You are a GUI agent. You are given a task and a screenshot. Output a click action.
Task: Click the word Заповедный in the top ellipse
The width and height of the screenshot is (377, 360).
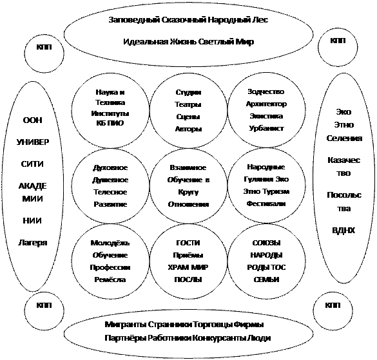[x=134, y=20]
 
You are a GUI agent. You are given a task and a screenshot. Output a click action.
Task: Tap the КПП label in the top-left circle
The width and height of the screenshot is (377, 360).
[x=44, y=47]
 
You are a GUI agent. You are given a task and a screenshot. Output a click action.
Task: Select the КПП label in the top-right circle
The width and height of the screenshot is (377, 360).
[x=338, y=41]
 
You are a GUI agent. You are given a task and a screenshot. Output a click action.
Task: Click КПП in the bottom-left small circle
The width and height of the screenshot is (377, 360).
[x=44, y=305]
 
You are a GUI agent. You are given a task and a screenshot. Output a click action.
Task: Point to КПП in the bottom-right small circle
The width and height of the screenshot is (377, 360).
[x=333, y=305]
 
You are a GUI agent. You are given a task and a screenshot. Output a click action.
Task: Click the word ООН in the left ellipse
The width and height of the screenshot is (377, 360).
[x=32, y=120]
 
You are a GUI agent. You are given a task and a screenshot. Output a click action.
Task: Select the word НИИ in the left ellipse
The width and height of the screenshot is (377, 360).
[x=32, y=220]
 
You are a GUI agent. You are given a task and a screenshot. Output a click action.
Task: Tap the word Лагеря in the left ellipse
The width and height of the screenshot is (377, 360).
[x=32, y=243]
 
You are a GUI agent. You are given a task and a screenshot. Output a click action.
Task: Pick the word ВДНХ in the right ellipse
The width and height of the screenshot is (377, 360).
[x=343, y=231]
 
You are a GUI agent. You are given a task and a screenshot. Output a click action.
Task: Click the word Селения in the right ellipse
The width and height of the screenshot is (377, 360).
[x=344, y=138]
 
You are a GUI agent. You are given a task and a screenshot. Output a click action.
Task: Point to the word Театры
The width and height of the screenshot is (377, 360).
[x=188, y=104]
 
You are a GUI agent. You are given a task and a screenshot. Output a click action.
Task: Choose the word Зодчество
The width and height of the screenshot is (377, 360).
[x=266, y=91]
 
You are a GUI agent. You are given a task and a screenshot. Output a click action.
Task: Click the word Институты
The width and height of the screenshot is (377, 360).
[x=110, y=113]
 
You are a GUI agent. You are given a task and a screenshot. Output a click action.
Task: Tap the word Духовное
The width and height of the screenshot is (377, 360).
[x=110, y=167]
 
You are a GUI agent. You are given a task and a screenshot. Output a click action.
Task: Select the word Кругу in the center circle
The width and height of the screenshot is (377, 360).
[x=188, y=193]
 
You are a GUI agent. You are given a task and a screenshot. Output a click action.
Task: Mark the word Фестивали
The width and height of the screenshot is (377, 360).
[x=266, y=204]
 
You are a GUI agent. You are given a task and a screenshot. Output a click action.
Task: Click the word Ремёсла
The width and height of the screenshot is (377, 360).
[x=110, y=279]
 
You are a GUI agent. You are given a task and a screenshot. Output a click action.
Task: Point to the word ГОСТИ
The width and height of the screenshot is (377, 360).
[x=188, y=243]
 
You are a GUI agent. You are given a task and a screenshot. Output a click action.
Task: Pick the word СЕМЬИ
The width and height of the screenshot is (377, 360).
[x=266, y=279]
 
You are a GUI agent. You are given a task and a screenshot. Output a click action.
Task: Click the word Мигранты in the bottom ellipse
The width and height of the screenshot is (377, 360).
[x=126, y=325]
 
